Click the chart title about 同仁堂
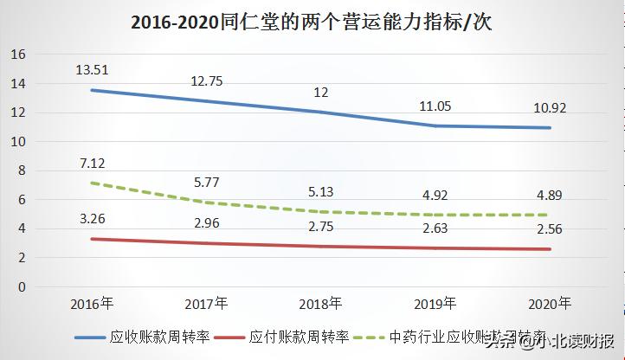[312, 23]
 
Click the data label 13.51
[92, 69]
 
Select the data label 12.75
[206, 81]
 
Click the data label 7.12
[92, 163]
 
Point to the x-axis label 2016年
[92, 304]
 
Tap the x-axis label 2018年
[320, 304]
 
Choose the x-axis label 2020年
[548, 304]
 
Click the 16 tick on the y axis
[18, 55]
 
